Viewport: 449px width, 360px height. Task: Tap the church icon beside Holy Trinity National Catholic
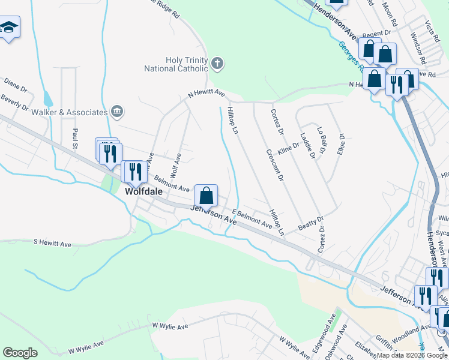pos(217,62)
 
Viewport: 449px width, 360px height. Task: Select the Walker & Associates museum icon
pos(117,111)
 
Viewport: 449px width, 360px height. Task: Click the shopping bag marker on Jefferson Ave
pos(206,196)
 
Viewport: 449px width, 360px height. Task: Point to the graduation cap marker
pos(8,28)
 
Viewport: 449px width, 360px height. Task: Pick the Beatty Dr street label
pos(310,223)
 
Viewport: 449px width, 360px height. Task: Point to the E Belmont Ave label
pos(252,218)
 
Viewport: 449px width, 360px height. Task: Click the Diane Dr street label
pos(16,85)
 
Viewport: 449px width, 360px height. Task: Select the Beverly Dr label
pos(14,103)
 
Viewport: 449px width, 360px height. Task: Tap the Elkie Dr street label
pos(342,143)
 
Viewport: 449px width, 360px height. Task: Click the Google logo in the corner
pos(20,353)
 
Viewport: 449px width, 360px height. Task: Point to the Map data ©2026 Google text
pos(412,355)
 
